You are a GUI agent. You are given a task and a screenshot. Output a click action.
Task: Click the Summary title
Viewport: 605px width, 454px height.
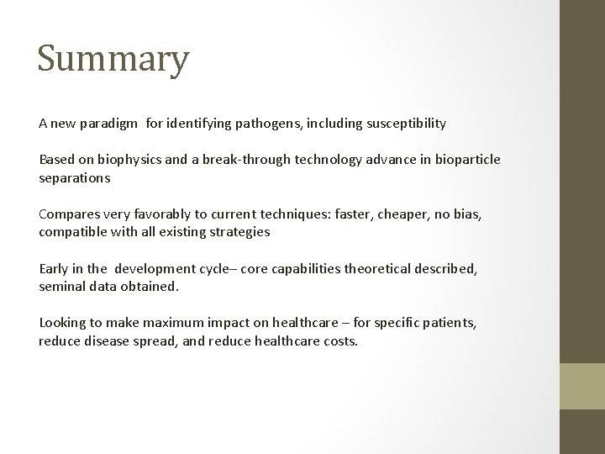click(113, 60)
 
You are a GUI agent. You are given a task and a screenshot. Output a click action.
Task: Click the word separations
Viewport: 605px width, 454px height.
click(74, 179)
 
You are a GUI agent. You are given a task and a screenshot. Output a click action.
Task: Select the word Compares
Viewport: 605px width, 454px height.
click(68, 214)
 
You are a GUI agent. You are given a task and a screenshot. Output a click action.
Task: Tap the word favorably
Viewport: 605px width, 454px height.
click(157, 214)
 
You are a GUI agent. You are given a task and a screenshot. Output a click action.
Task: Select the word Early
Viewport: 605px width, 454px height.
click(54, 269)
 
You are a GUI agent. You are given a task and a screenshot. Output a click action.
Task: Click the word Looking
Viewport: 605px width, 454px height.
click(62, 324)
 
